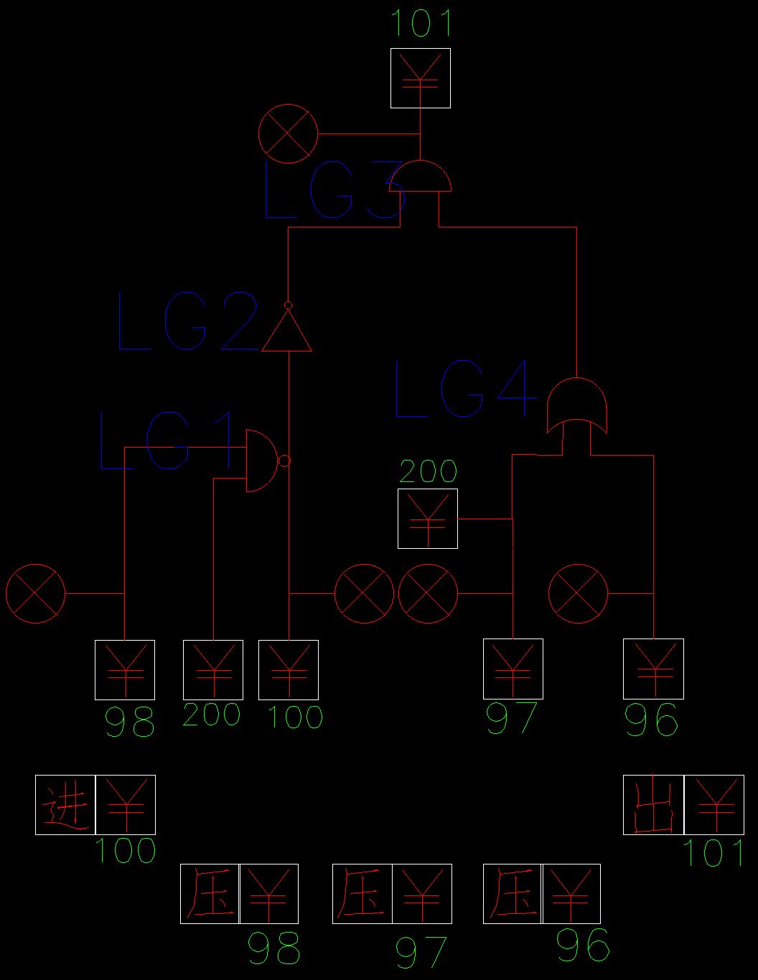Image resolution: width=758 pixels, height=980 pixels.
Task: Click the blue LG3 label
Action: click(334, 189)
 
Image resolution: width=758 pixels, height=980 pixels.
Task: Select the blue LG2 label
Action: click(187, 321)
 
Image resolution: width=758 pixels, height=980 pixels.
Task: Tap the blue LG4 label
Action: click(466, 388)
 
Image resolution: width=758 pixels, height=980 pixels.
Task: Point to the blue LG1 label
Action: click(167, 440)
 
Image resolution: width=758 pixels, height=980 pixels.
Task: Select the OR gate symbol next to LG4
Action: click(576, 405)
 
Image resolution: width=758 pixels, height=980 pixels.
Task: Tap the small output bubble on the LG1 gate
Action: click(285, 461)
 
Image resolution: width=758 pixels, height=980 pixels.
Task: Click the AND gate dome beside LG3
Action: click(420, 176)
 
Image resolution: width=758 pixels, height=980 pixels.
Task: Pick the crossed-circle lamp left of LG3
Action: click(288, 134)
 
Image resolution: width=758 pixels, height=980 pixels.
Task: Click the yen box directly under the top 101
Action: click(421, 78)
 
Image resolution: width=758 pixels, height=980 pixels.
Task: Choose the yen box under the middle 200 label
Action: click(428, 519)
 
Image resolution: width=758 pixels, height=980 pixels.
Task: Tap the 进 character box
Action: click(65, 805)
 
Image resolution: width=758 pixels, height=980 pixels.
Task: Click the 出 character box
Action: click(653, 805)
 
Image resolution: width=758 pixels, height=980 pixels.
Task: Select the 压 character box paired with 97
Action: click(362, 894)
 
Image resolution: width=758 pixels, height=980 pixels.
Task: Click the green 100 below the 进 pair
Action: click(126, 851)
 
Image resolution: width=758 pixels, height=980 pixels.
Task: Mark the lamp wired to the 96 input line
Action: click(578, 593)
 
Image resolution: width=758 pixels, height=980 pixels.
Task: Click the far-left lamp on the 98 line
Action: click(35, 593)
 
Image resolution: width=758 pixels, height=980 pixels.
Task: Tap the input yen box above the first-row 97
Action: click(513, 669)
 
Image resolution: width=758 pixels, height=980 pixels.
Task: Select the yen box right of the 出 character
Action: click(714, 805)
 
